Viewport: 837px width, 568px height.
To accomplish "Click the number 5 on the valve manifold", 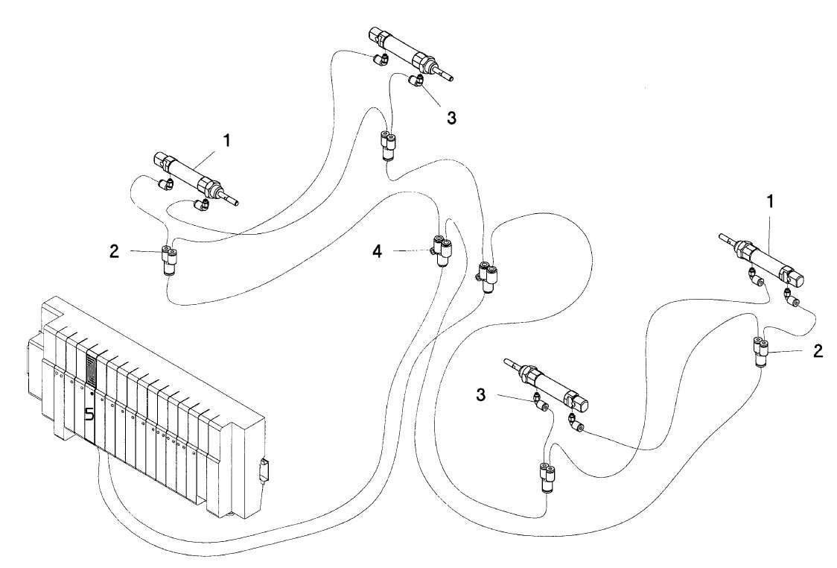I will [x=89, y=414].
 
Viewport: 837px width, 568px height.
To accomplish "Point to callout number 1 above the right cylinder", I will [x=771, y=202].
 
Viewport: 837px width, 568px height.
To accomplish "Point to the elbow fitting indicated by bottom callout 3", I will [x=539, y=403].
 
